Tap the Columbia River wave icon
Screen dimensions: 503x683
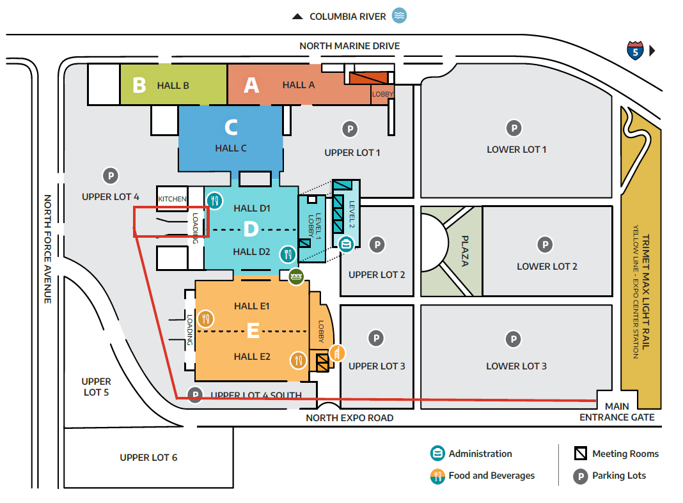tap(400, 16)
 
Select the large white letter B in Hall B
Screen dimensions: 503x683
tap(139, 85)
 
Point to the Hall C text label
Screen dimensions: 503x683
tap(230, 148)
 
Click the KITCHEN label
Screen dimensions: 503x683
tap(173, 199)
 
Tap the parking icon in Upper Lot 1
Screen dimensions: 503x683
tap(349, 129)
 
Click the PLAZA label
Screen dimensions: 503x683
tap(465, 251)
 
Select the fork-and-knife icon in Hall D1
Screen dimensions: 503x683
tap(214, 199)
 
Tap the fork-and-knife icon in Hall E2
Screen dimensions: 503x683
tap(298, 360)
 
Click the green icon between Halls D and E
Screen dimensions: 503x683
tap(295, 277)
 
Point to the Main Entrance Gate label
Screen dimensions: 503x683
tap(617, 412)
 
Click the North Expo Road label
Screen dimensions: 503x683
tap(349, 418)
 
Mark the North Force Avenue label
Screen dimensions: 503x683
tap(47, 249)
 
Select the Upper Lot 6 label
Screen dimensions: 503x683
tap(148, 458)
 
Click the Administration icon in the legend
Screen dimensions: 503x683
tap(437, 454)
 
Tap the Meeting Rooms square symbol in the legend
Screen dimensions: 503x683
tap(580, 454)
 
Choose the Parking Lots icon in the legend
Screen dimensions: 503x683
tap(580, 476)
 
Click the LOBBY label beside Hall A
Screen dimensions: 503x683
tap(382, 95)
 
